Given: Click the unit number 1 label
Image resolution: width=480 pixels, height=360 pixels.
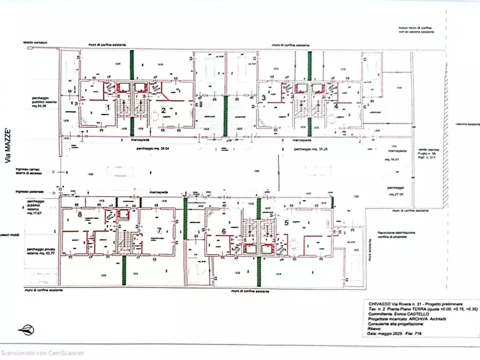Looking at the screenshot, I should coord(109,107).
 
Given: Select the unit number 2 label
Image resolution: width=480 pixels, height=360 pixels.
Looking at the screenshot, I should coord(162,111).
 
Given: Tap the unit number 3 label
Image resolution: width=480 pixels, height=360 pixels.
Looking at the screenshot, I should coord(263,98).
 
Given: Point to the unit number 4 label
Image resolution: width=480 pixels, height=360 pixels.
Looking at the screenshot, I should coord(335,106).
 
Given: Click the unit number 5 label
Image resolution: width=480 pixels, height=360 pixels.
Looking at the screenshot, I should coord(286,222).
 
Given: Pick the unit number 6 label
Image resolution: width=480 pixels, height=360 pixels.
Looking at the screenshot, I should coord(223,231).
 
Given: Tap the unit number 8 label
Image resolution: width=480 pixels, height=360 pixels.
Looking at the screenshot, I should coord(80,214).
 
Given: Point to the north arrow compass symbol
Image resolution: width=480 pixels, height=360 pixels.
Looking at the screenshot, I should coord(25,329).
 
